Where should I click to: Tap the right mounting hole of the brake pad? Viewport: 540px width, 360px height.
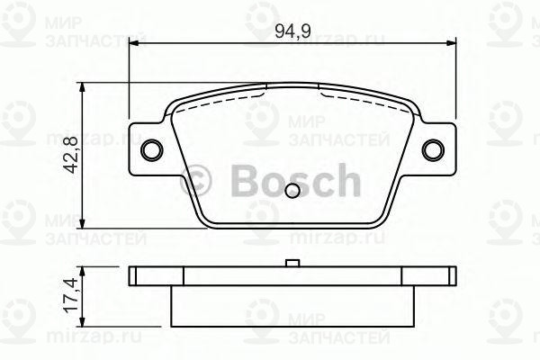click(436, 149)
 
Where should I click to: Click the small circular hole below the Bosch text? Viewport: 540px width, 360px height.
click(293, 191)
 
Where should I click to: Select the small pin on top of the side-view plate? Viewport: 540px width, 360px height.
click(292, 263)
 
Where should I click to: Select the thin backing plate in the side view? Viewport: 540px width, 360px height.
click(292, 276)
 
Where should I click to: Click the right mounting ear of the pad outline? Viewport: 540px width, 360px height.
click(438, 149)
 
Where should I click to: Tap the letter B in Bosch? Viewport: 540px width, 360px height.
click(241, 183)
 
